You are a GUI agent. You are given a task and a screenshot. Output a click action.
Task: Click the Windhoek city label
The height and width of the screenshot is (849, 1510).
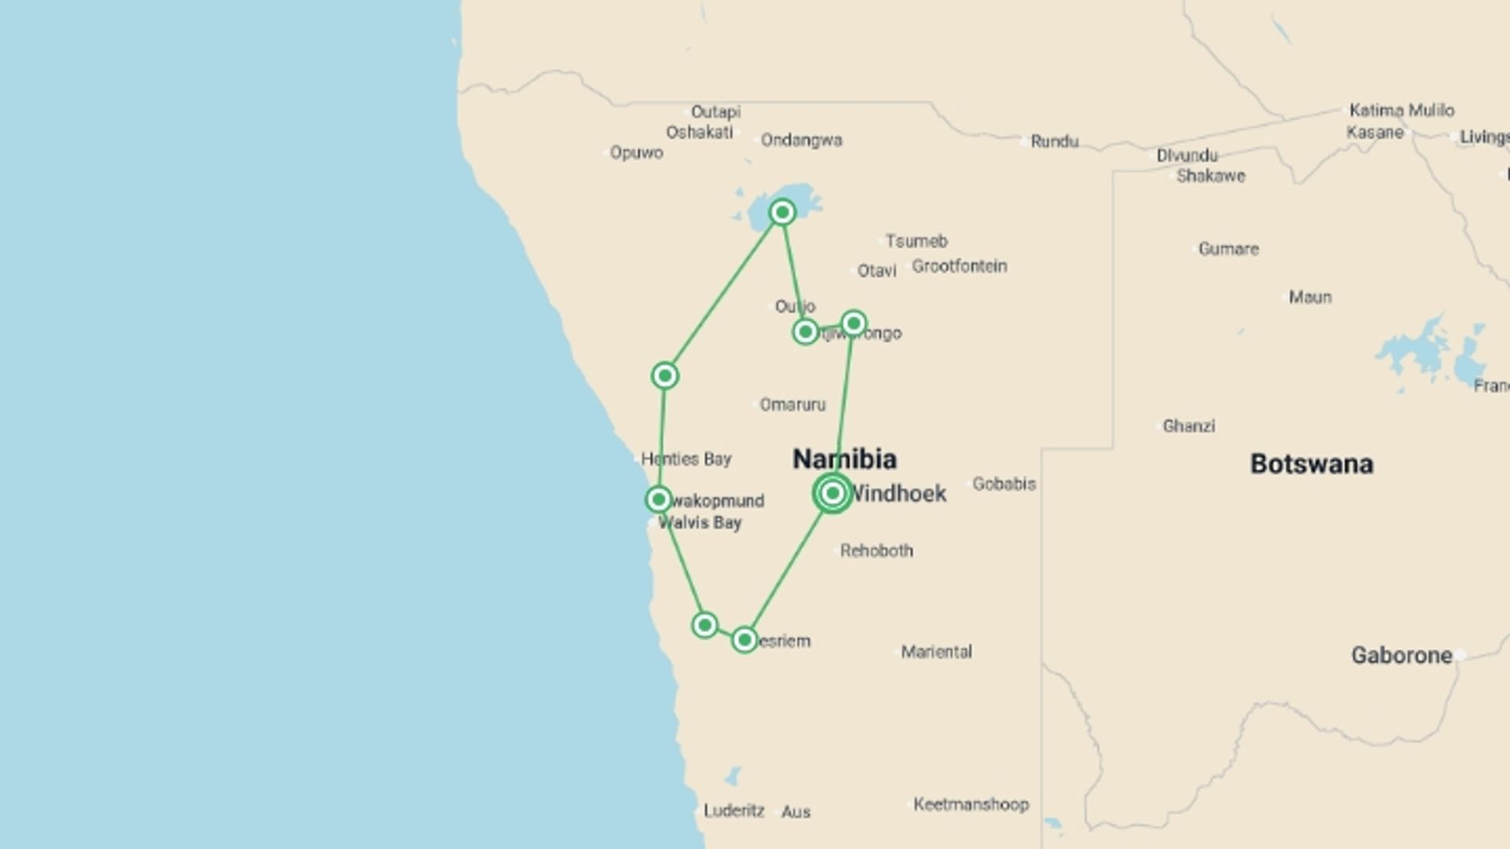pyautogui.click(x=898, y=494)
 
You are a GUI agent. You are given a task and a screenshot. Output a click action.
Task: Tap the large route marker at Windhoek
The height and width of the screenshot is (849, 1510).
pyautogui.click(x=833, y=493)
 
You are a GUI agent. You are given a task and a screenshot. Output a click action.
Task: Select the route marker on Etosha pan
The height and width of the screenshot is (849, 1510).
pyautogui.click(x=782, y=212)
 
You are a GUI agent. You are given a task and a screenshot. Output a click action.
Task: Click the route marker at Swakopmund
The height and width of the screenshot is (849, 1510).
pyautogui.click(x=658, y=499)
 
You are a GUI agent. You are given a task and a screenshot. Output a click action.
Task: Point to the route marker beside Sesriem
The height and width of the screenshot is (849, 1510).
pyautogui.click(x=744, y=640)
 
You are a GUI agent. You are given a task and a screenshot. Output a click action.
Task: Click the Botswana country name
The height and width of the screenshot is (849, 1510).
pyautogui.click(x=1311, y=464)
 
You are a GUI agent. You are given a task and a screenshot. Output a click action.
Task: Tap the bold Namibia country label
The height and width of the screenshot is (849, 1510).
pyautogui.click(x=844, y=459)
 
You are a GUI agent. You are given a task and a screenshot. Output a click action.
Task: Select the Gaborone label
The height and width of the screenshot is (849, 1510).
pyautogui.click(x=1401, y=656)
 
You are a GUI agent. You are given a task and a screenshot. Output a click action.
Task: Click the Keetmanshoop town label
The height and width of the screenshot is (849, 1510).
pyautogui.click(x=970, y=804)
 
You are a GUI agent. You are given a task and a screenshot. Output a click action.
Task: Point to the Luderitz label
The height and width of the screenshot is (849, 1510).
pyautogui.click(x=733, y=810)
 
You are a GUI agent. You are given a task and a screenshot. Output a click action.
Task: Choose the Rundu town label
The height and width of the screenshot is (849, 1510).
pyautogui.click(x=1054, y=141)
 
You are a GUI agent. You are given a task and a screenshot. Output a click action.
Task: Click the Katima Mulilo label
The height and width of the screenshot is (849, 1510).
pyautogui.click(x=1401, y=110)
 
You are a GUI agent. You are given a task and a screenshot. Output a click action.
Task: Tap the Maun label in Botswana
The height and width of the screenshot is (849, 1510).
pyautogui.click(x=1309, y=297)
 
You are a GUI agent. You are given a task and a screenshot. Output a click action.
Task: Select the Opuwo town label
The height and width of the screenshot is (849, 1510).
pyautogui.click(x=635, y=153)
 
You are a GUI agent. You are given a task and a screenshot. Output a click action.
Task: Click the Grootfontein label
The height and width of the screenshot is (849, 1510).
pyautogui.click(x=959, y=266)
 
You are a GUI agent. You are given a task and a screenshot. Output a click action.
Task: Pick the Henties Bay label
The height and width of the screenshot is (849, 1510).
pyautogui.click(x=686, y=459)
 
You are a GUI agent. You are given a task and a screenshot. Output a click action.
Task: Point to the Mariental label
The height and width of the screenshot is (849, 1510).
pyautogui.click(x=936, y=652)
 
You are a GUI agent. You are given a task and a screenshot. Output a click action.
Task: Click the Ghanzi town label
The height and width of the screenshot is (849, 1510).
pyautogui.click(x=1188, y=426)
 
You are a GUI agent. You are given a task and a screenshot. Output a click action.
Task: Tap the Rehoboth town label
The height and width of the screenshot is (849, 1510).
pyautogui.click(x=876, y=551)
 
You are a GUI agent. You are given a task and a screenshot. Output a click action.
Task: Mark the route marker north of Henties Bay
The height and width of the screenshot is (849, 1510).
pyautogui.click(x=665, y=376)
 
